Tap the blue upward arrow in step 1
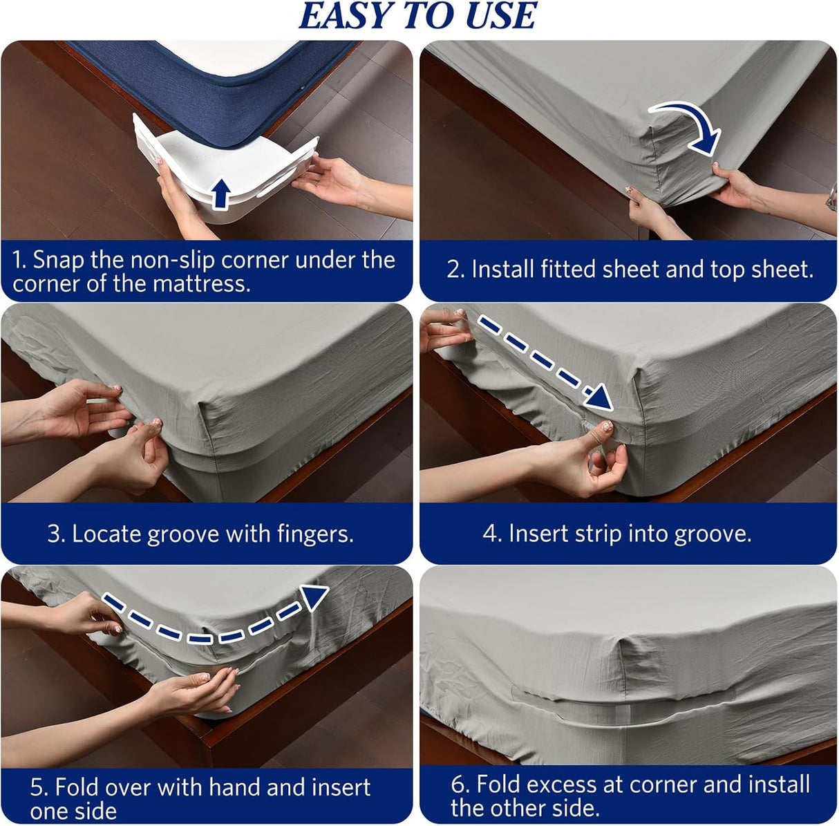[x=220, y=194]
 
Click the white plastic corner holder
[x=207, y=166]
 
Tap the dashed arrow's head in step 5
[x=315, y=595]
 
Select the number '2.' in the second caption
[x=455, y=270]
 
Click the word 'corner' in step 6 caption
[x=666, y=785]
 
